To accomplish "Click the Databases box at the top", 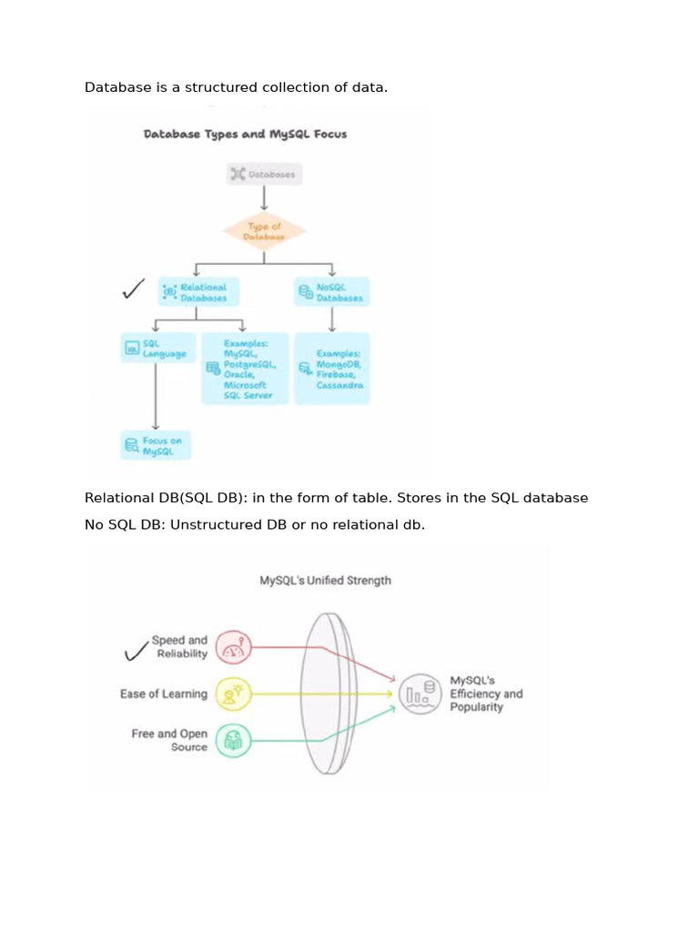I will click(x=263, y=174).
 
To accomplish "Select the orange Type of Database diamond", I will click(x=265, y=231).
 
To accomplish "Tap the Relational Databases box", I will click(x=198, y=291).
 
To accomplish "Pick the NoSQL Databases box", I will click(x=331, y=292).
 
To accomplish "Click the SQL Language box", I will click(x=156, y=349).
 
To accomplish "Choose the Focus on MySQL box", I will click(x=156, y=445).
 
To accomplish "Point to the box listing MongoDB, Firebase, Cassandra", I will click(x=331, y=369).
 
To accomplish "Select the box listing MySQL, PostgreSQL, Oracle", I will click(x=245, y=369).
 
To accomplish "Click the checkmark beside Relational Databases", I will click(x=133, y=290).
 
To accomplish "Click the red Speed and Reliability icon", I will click(x=233, y=647).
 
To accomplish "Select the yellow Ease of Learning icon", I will click(x=233, y=694).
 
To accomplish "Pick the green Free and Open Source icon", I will click(x=233, y=741).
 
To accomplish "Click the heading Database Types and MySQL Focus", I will click(x=245, y=134).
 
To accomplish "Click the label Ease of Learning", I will click(x=164, y=694).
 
